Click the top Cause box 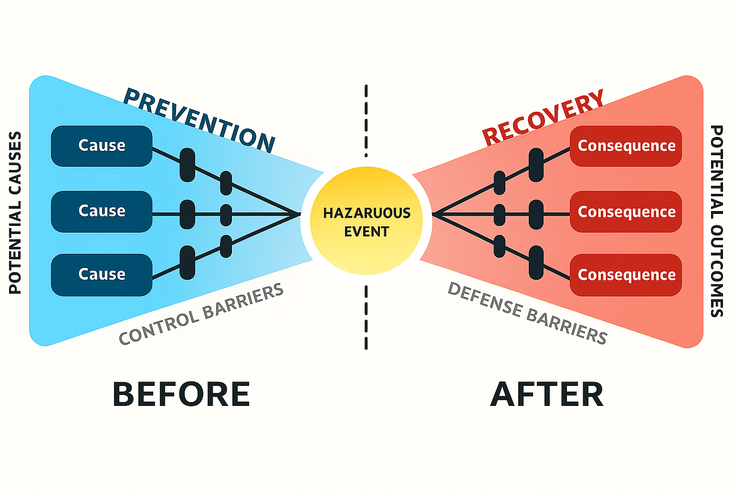pos(102,146)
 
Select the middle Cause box pos(102,212)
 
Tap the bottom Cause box pos(102,275)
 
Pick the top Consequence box pos(626,146)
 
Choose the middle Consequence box pos(626,212)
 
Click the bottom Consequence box pos(626,275)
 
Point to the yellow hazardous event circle pos(366,221)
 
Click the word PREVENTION pos(199,119)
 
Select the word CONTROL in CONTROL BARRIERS pos(159,328)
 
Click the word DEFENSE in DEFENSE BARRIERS pos(485,299)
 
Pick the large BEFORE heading pos(181,394)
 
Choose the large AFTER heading pos(547,394)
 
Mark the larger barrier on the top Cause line pos(188,165)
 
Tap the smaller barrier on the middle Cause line pos(226,215)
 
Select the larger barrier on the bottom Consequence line pos(536,262)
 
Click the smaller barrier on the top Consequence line pos(500,183)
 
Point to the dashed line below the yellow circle pos(366,317)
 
